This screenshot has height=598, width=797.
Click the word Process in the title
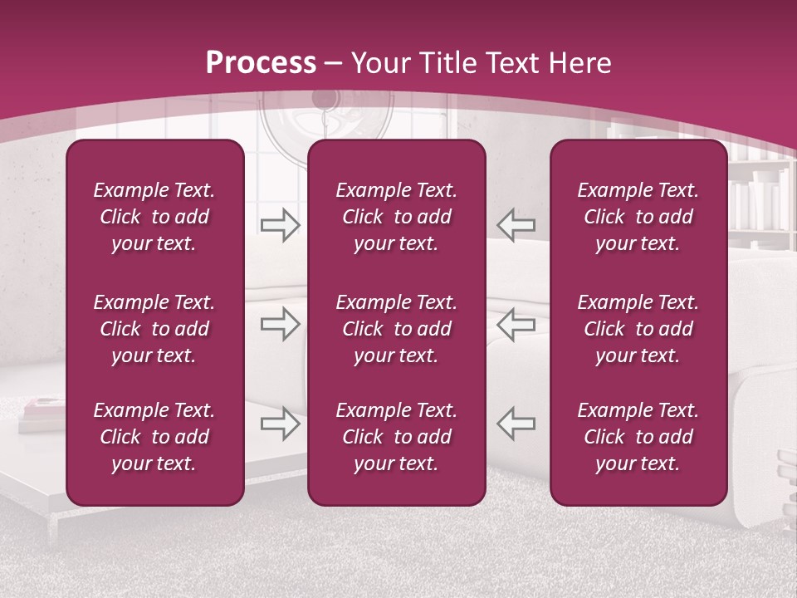(x=261, y=63)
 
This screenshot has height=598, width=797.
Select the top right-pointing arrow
(x=280, y=224)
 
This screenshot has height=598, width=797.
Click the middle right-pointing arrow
(x=280, y=324)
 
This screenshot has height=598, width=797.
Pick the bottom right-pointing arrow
(x=280, y=424)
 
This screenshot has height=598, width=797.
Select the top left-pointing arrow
(x=516, y=224)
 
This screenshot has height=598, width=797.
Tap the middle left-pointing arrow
(x=516, y=324)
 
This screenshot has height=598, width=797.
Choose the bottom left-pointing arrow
(x=516, y=424)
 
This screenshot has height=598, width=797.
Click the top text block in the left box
(x=154, y=217)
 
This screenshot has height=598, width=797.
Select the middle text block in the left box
(x=154, y=329)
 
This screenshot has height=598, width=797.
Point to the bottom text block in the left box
(x=154, y=437)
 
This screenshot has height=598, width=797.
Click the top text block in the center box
(x=396, y=217)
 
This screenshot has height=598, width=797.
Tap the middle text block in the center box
(x=396, y=329)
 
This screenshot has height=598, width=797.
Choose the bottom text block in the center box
(x=396, y=437)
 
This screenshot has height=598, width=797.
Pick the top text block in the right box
(x=638, y=217)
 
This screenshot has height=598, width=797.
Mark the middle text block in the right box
(x=638, y=329)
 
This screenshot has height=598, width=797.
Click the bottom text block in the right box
(x=638, y=437)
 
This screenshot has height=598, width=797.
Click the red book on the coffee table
(x=42, y=407)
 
